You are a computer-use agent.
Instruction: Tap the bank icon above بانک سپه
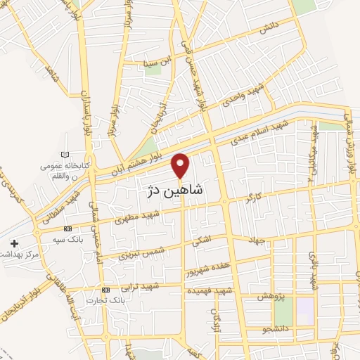coord(67,229)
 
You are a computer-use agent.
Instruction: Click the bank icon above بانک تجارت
coord(105,290)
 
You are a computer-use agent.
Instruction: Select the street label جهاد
coord(255,240)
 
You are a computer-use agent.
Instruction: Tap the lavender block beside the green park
coord(304,307)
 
